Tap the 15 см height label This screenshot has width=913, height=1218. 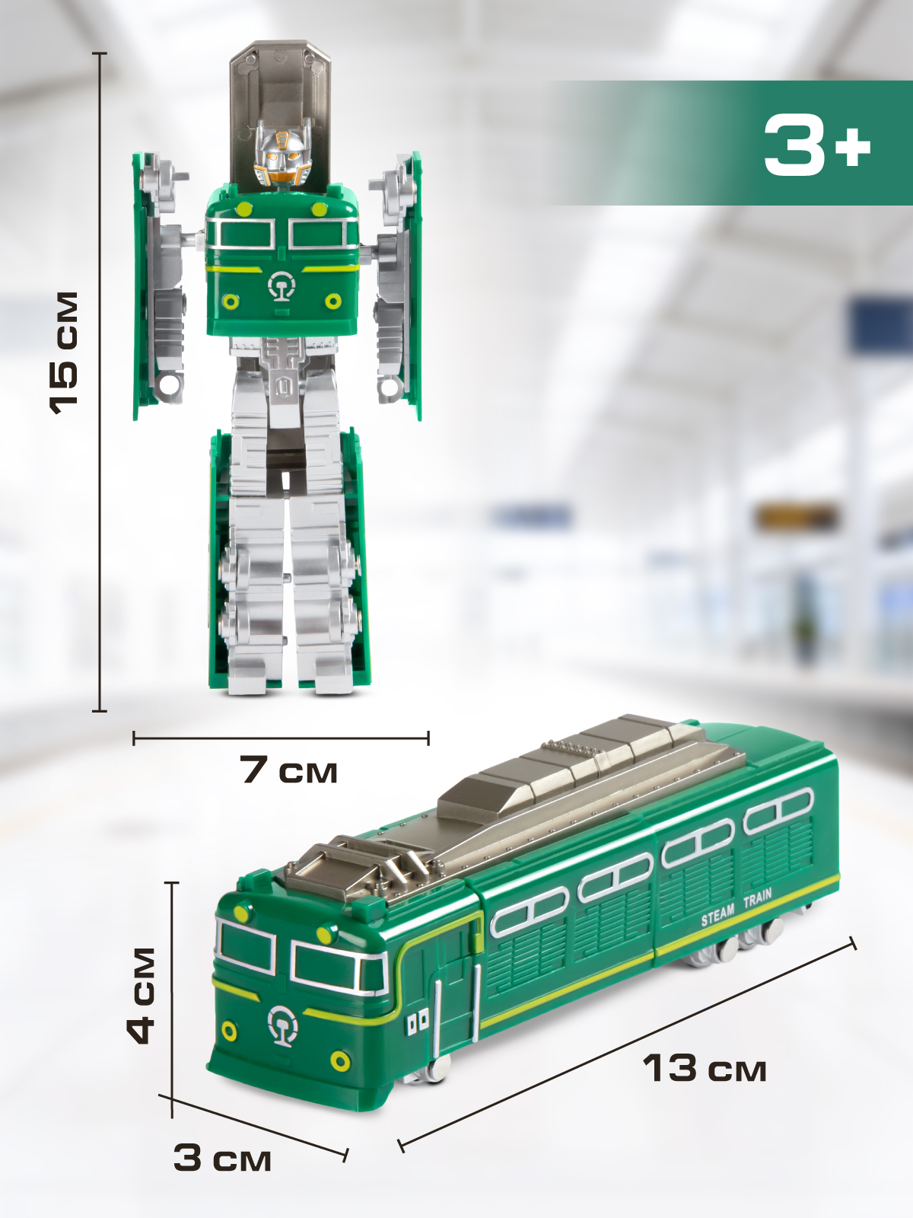point(65,353)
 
